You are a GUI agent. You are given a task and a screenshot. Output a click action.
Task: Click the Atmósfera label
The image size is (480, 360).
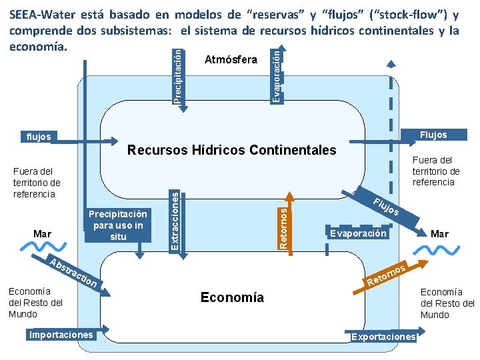230,60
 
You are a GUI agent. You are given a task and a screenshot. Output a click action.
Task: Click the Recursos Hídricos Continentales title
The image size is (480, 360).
231,150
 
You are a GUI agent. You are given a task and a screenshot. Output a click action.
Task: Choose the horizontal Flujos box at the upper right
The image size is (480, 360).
433,135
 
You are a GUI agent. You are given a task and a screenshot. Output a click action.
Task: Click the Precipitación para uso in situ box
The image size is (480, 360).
118,225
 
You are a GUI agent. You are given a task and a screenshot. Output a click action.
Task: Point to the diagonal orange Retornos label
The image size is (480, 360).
387,275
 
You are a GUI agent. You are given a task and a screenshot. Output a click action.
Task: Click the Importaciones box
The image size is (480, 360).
61,334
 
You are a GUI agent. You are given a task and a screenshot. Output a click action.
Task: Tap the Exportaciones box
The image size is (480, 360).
383,337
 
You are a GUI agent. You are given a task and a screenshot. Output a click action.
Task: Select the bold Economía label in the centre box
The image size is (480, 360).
232,297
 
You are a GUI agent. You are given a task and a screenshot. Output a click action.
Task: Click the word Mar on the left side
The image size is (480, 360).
42,234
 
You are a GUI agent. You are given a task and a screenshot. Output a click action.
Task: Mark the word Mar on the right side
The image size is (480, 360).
439,234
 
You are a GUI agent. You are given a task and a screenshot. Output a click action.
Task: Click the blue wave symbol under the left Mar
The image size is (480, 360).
43,249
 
